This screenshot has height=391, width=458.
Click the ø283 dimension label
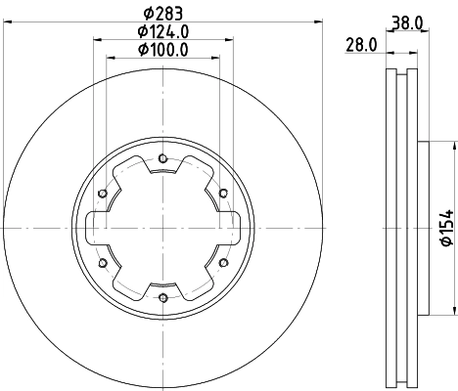point(162,13)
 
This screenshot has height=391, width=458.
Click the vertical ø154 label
point(444,227)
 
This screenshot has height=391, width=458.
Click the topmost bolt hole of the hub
point(161,157)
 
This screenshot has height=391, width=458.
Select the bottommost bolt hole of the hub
point(161,298)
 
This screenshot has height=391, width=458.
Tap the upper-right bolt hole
point(223,193)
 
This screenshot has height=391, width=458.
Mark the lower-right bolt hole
point(223,263)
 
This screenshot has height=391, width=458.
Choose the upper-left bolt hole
point(101,193)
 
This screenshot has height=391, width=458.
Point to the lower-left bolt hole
point(101,263)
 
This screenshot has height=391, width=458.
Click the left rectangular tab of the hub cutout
point(97,228)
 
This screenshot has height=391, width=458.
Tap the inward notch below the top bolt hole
point(161,177)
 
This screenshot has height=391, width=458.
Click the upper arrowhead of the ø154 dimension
point(456,146)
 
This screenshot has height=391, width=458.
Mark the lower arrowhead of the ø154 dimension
point(456,310)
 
